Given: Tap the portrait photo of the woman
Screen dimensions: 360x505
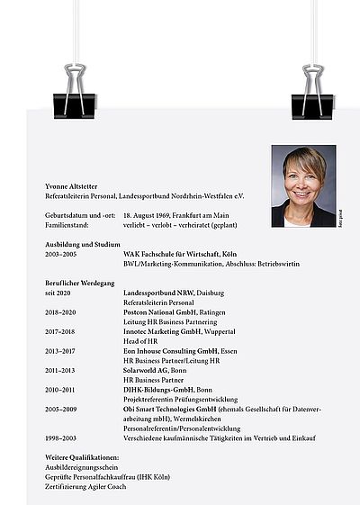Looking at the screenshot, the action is click(x=303, y=186).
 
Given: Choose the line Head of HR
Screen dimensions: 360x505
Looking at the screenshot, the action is click(x=140, y=342).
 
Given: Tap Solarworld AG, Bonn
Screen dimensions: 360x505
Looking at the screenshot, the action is click(x=157, y=370).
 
